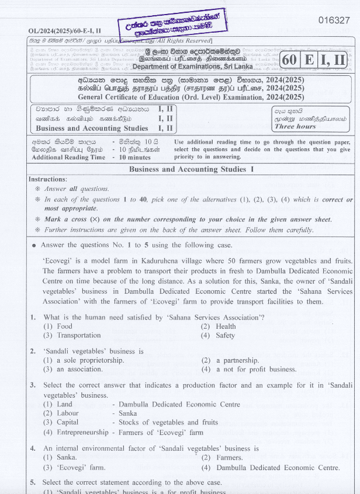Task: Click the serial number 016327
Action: pos(334,20)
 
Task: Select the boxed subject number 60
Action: pos(290,60)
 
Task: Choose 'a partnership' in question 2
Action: pos(237,360)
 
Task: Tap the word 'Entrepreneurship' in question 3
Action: pos(82,432)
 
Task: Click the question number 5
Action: pos(33,482)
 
